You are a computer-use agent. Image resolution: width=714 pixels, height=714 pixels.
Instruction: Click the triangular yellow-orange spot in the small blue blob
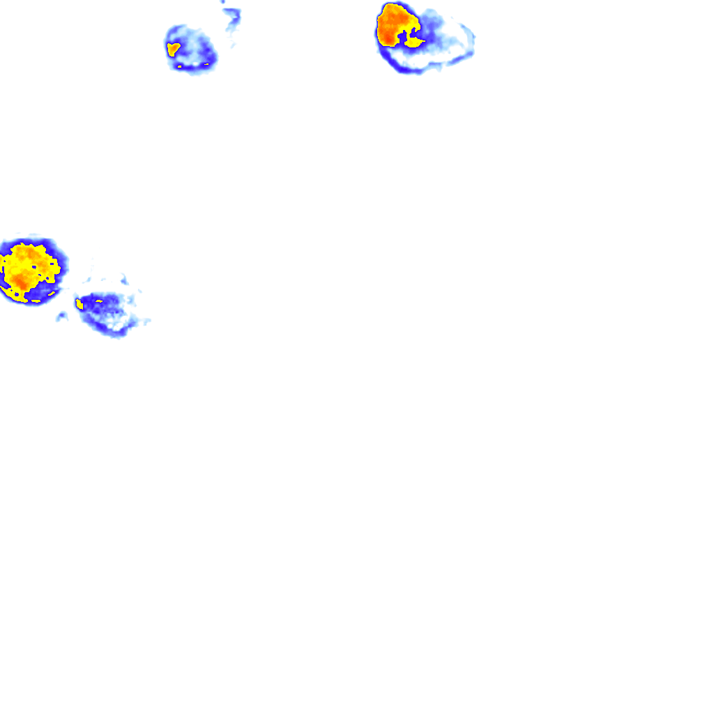click(x=173, y=49)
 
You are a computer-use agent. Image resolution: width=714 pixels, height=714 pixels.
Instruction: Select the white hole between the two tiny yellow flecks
click(x=192, y=66)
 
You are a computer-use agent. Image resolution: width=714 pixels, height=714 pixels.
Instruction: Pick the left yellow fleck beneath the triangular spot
click(x=181, y=67)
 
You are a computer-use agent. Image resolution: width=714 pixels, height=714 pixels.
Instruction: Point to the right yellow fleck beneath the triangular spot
click(x=206, y=64)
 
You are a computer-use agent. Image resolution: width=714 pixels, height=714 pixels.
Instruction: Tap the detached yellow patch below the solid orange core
click(x=415, y=43)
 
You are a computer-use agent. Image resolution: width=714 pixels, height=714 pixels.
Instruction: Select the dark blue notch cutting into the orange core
click(x=402, y=36)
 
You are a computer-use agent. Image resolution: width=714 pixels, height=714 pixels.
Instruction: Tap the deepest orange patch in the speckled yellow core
click(x=21, y=280)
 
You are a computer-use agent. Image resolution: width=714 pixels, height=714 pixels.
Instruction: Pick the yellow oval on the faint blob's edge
click(x=79, y=304)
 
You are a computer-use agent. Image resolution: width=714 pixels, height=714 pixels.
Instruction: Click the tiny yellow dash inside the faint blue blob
click(x=99, y=301)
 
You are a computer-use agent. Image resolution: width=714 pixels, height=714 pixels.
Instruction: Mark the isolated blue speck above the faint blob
click(x=123, y=280)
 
